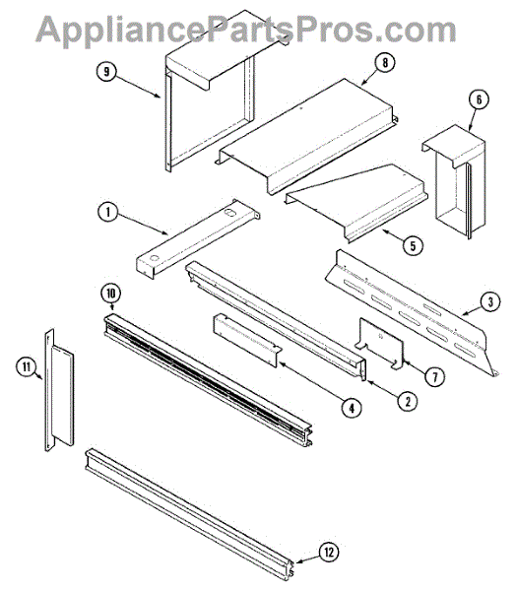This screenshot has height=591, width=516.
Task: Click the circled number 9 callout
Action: click(106, 72)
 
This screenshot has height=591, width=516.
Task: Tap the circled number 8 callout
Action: click(385, 63)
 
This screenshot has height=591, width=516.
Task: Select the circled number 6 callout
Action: click(479, 99)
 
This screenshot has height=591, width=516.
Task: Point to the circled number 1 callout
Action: click(107, 212)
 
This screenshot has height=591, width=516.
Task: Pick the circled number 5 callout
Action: click(414, 245)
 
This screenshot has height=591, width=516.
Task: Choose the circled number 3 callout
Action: click(490, 301)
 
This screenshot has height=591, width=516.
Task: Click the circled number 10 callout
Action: click(110, 294)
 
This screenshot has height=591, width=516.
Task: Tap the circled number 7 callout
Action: click(435, 376)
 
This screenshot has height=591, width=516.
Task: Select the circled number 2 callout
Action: click(408, 401)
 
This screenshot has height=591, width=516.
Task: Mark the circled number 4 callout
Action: click(352, 408)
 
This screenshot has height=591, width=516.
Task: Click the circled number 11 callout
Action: click(27, 366)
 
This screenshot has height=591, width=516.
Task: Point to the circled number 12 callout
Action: click(329, 553)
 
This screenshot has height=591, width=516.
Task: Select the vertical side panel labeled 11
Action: click(59, 390)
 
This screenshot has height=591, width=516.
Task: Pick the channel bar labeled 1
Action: click(198, 239)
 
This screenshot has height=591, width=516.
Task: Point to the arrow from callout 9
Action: click(138, 86)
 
